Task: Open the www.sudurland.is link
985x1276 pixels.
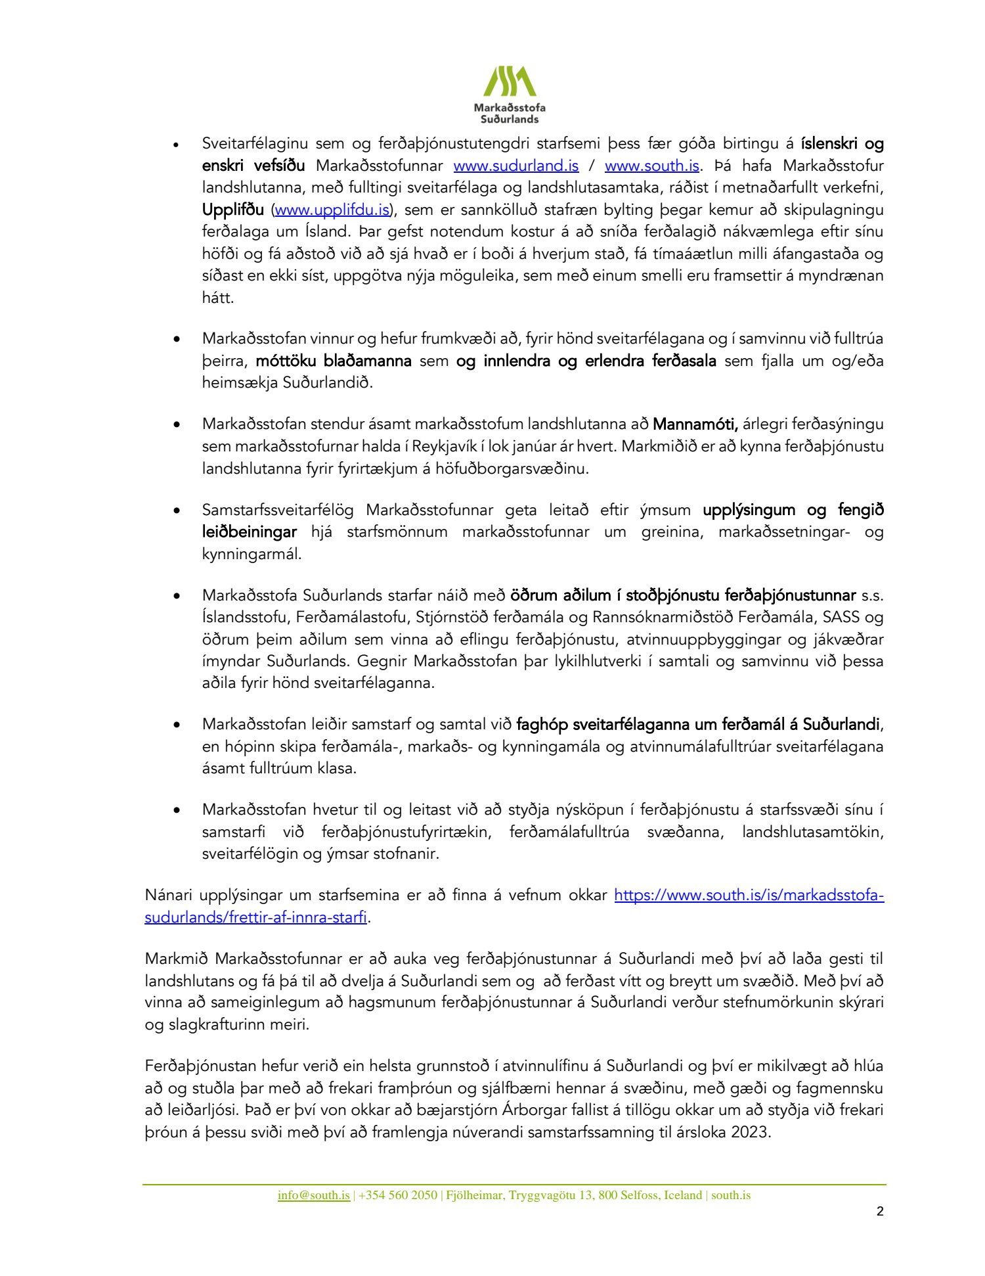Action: [x=516, y=166]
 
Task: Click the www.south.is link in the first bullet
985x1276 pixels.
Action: [x=652, y=166]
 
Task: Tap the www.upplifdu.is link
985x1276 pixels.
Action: [x=332, y=210]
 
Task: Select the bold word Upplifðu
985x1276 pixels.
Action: [x=233, y=210]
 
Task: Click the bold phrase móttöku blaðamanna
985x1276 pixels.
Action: [x=334, y=361]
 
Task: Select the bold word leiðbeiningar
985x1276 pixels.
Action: [x=250, y=532]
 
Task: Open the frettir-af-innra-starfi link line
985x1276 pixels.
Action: [x=255, y=918]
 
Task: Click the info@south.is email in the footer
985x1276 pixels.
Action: [x=313, y=1195]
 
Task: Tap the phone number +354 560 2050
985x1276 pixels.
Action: [x=398, y=1195]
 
